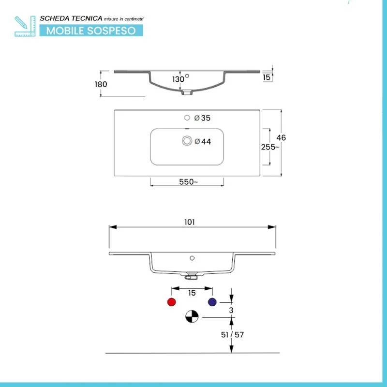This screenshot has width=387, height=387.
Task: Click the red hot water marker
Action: (x=171, y=302)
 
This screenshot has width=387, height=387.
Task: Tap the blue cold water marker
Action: (x=211, y=302)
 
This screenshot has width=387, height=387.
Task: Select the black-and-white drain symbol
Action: (x=192, y=317)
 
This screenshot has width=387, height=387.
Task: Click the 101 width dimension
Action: (x=189, y=222)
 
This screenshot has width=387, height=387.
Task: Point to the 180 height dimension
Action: (x=101, y=84)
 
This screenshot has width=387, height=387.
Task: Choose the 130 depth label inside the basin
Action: (x=178, y=79)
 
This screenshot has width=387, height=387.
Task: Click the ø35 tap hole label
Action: (x=202, y=118)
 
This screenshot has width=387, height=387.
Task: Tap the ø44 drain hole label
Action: (x=203, y=142)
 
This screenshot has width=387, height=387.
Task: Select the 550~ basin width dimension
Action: (x=188, y=182)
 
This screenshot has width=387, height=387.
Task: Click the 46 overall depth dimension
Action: (x=281, y=138)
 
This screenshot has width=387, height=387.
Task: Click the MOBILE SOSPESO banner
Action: (x=91, y=30)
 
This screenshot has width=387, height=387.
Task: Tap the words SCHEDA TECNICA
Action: (x=71, y=18)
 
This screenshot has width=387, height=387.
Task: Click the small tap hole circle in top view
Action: (x=187, y=118)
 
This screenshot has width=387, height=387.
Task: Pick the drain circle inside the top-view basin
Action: (x=187, y=141)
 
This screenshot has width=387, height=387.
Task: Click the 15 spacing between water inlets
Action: (x=192, y=293)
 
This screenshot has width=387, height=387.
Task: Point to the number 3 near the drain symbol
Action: (x=232, y=310)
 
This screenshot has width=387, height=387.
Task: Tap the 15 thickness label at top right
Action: (x=267, y=77)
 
